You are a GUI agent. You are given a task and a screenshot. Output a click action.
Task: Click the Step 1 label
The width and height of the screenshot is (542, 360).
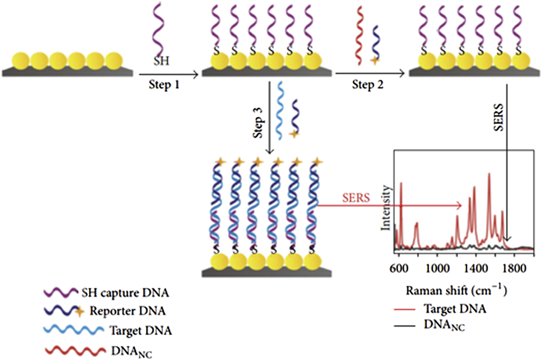(x=164, y=85)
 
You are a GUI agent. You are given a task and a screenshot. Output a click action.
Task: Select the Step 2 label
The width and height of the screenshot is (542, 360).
(x=367, y=85)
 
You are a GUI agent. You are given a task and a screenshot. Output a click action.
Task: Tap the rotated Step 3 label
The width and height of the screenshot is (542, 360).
(x=258, y=122)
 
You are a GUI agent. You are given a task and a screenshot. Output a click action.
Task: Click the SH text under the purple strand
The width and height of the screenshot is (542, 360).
(x=161, y=61)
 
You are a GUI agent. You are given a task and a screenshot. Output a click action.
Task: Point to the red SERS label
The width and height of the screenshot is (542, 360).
(x=356, y=198)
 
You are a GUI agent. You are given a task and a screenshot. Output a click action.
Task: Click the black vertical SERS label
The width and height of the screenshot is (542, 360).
(x=498, y=117)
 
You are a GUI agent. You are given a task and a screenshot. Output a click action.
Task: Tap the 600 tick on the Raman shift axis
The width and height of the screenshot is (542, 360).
(x=399, y=269)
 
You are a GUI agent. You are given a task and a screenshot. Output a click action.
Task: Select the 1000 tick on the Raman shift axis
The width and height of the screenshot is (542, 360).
(x=437, y=269)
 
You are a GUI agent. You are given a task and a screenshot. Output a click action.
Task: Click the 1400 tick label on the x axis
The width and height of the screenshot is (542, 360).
(x=476, y=269)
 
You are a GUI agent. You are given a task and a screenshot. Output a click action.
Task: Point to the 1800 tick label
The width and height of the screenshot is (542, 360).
(x=514, y=269)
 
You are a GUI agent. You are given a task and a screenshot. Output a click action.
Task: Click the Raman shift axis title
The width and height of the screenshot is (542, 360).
(x=456, y=291)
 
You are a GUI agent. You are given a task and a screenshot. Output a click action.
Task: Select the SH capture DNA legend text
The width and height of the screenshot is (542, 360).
(x=125, y=293)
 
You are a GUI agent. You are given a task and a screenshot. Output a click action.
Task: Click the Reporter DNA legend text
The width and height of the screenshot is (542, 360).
(x=128, y=311)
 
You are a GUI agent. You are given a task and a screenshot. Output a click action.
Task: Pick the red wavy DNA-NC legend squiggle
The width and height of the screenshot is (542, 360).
(x=75, y=350)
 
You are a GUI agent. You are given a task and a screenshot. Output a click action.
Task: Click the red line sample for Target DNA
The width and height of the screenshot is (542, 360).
(x=404, y=309)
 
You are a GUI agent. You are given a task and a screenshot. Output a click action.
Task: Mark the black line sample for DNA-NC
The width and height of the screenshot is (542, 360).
(x=404, y=326)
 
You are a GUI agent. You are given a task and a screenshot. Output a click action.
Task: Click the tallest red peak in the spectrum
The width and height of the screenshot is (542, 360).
(x=489, y=174)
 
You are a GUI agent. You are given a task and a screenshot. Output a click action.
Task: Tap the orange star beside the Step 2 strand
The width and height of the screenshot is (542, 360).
(x=375, y=60)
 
